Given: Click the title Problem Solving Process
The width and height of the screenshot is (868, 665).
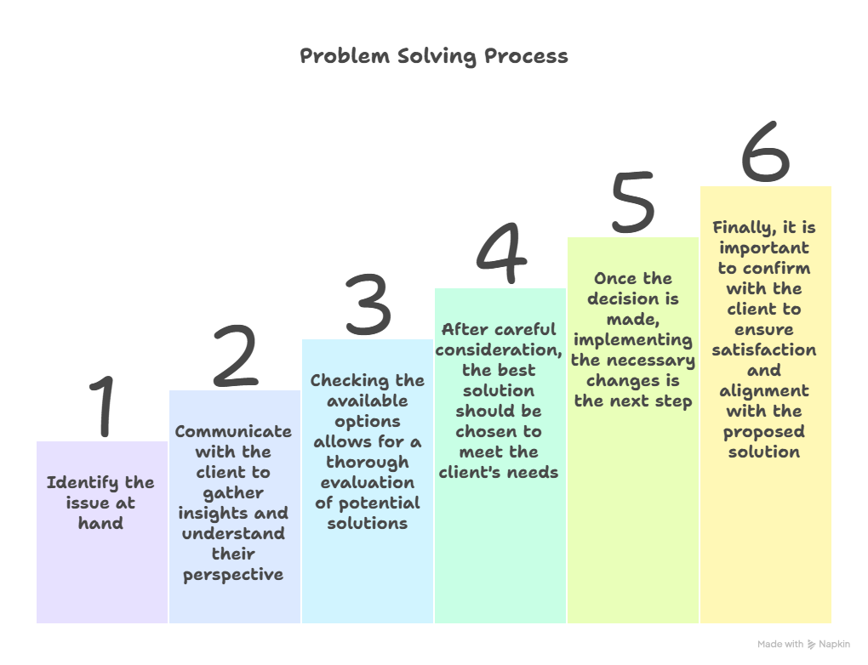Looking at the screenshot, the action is pos(434,56).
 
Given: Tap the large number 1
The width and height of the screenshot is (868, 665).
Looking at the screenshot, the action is pos(102,406).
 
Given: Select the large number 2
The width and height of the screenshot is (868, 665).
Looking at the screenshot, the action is pos(235,355).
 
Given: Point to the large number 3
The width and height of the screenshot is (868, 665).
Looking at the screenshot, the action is pos(368,304).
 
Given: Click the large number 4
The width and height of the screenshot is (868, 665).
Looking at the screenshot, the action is pos(501,253).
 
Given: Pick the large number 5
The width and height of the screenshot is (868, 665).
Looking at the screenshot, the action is pos(633,202).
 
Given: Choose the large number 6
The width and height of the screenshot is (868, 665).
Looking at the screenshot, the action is pos(766,151).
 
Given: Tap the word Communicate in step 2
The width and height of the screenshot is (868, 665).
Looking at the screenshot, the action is pos(233,431).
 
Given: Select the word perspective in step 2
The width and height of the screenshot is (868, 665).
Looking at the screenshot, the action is pos(233,576).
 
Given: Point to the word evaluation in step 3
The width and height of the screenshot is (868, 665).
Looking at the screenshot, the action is pos(367,482).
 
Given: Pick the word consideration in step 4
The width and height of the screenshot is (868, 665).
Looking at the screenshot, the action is pos(498,350).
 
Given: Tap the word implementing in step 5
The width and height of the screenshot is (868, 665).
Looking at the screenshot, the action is pos(633,340).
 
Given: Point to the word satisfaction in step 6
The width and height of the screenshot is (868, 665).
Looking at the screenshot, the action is pos(764,350).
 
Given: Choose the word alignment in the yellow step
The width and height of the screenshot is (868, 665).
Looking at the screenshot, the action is pos(764,391).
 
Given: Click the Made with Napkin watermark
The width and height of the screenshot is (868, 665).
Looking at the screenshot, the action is pos(803,644).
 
